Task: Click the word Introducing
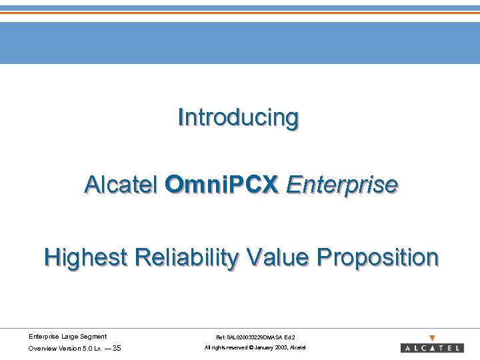238,118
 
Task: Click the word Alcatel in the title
121,184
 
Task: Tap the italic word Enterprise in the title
341,184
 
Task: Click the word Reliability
185,257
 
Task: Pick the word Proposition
377,257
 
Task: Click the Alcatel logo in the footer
432,348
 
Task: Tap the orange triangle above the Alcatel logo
432,338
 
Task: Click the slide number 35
117,348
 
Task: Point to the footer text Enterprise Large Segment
67,336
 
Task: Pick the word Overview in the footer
42,348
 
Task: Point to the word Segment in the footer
93,336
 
